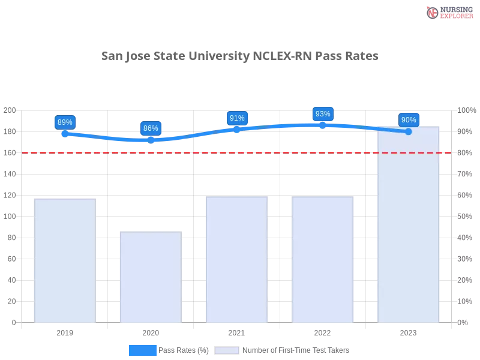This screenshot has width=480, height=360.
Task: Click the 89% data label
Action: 65,122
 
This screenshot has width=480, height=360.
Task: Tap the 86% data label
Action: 151,128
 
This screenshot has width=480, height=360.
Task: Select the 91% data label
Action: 237,118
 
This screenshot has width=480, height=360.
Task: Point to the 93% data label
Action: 323,114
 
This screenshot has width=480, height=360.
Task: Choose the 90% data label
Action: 409,120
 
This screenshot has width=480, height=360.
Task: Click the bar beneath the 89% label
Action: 65,260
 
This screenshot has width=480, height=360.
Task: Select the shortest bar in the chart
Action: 151,277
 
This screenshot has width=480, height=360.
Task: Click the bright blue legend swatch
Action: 142,350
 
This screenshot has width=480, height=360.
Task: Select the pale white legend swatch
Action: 227,350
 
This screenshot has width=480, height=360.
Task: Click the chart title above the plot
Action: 240,56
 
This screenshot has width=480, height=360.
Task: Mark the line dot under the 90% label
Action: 409,131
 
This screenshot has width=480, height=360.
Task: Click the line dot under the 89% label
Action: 65,133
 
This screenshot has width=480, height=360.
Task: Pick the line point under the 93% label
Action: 323,125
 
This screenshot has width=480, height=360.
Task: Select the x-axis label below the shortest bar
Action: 151,332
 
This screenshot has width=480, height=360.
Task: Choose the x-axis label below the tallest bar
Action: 409,332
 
